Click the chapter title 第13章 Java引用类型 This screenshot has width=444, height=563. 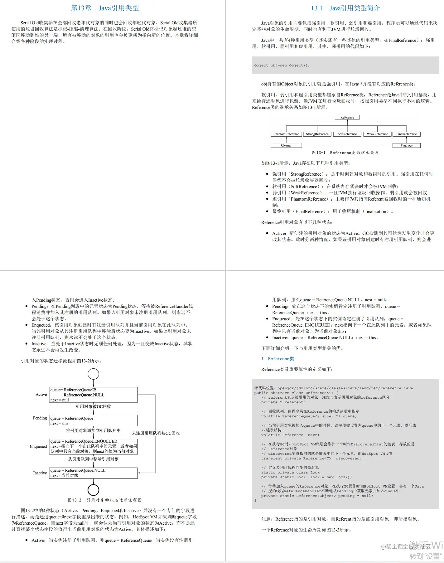point(105,8)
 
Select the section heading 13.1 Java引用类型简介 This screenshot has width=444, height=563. point(345,8)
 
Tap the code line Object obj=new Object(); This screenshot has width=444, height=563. point(282,66)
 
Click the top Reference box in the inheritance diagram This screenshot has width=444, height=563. point(347,117)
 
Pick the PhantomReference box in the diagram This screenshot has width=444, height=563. point(286,134)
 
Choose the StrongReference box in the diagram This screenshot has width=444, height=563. point(317,134)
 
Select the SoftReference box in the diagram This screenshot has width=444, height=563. point(347,134)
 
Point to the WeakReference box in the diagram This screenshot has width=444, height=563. point(377,134)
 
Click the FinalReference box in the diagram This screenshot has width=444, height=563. point(406,134)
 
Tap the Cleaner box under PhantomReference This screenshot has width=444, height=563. point(286,145)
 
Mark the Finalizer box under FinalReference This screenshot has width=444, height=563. point(406,146)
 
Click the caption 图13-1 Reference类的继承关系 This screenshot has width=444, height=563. point(345,153)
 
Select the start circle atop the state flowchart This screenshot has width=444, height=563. point(93,374)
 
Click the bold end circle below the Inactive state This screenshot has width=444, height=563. point(93,490)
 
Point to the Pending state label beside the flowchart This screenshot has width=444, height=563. point(40,418)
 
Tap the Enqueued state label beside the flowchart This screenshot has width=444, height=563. point(38,446)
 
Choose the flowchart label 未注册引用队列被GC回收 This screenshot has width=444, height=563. point(156,433)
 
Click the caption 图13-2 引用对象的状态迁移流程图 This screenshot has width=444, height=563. point(105,500)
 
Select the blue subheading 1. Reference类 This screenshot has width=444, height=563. point(277,359)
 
